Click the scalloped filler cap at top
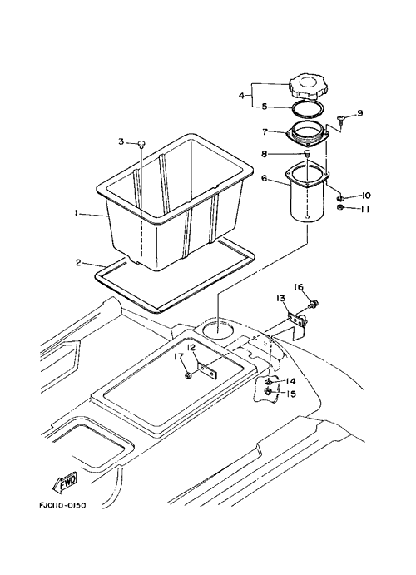[x=305, y=87]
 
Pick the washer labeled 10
[x=341, y=198]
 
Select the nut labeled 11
[x=340, y=208]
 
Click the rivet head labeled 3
[x=141, y=143]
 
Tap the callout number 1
[x=77, y=213]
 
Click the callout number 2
[x=78, y=263]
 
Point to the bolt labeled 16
[x=314, y=304]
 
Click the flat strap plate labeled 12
[x=207, y=369]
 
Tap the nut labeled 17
[x=188, y=375]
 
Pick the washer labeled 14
[x=269, y=382]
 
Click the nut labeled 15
[x=268, y=392]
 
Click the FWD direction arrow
[x=65, y=482]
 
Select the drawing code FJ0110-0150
[x=62, y=506]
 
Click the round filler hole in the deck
[x=218, y=330]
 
